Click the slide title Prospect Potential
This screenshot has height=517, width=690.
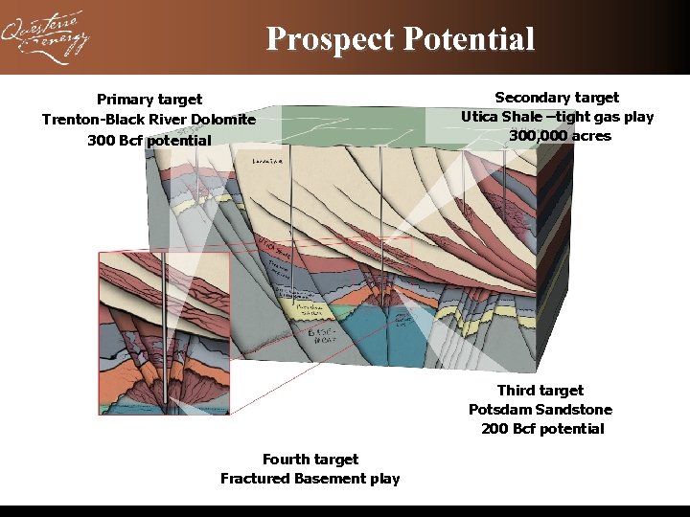point(400,39)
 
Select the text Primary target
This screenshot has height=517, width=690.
point(149,100)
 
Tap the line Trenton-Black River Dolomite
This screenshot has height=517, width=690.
point(149,120)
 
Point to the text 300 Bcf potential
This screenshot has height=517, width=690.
point(149,141)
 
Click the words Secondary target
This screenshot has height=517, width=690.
point(557,98)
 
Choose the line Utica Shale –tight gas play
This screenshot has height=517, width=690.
point(557,117)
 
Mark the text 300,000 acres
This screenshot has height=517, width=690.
point(560,136)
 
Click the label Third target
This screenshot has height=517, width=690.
point(540,391)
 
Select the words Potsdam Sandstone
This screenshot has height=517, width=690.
point(540,410)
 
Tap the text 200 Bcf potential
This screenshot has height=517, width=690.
point(542,429)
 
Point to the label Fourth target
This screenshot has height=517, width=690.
point(310,460)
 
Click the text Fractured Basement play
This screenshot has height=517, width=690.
point(310,479)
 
